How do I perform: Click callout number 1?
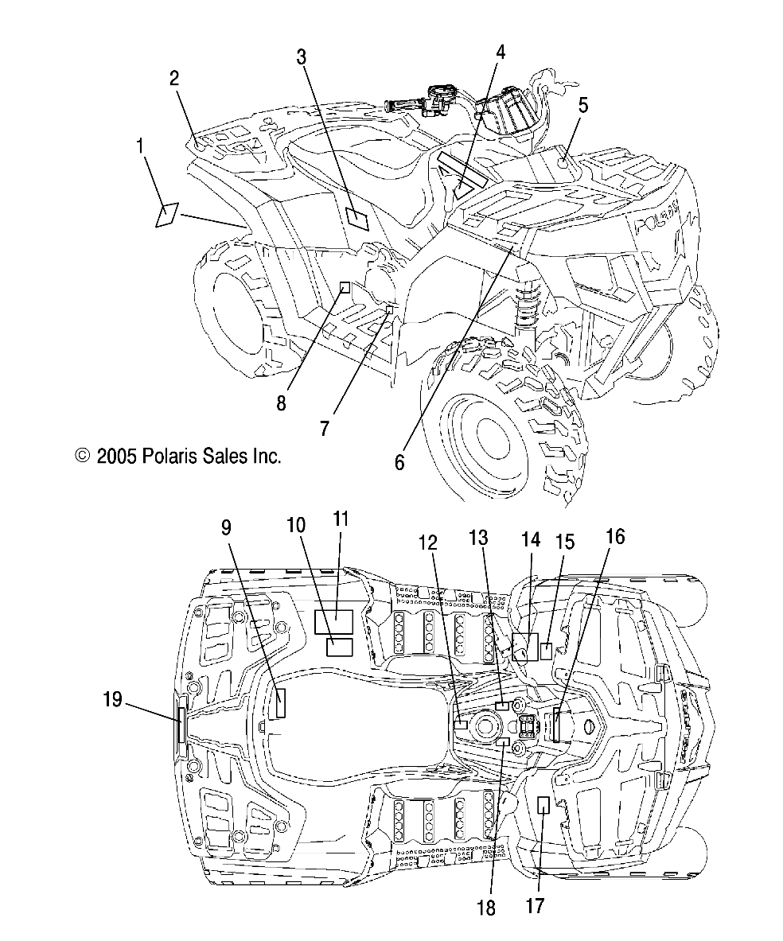pos(141,146)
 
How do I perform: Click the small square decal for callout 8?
pos(345,287)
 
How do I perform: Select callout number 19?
pos(112,700)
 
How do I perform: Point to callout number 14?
pos(530,540)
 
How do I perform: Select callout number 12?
pos(428,542)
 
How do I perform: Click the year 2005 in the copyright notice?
pos(119,457)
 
